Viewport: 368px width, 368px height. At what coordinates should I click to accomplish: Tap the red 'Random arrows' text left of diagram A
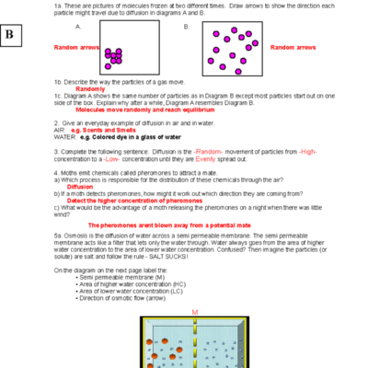pos(77,47)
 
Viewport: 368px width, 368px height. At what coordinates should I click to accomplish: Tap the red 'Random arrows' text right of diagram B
pos(293,47)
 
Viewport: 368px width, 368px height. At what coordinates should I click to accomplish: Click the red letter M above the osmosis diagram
pos(194,312)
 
